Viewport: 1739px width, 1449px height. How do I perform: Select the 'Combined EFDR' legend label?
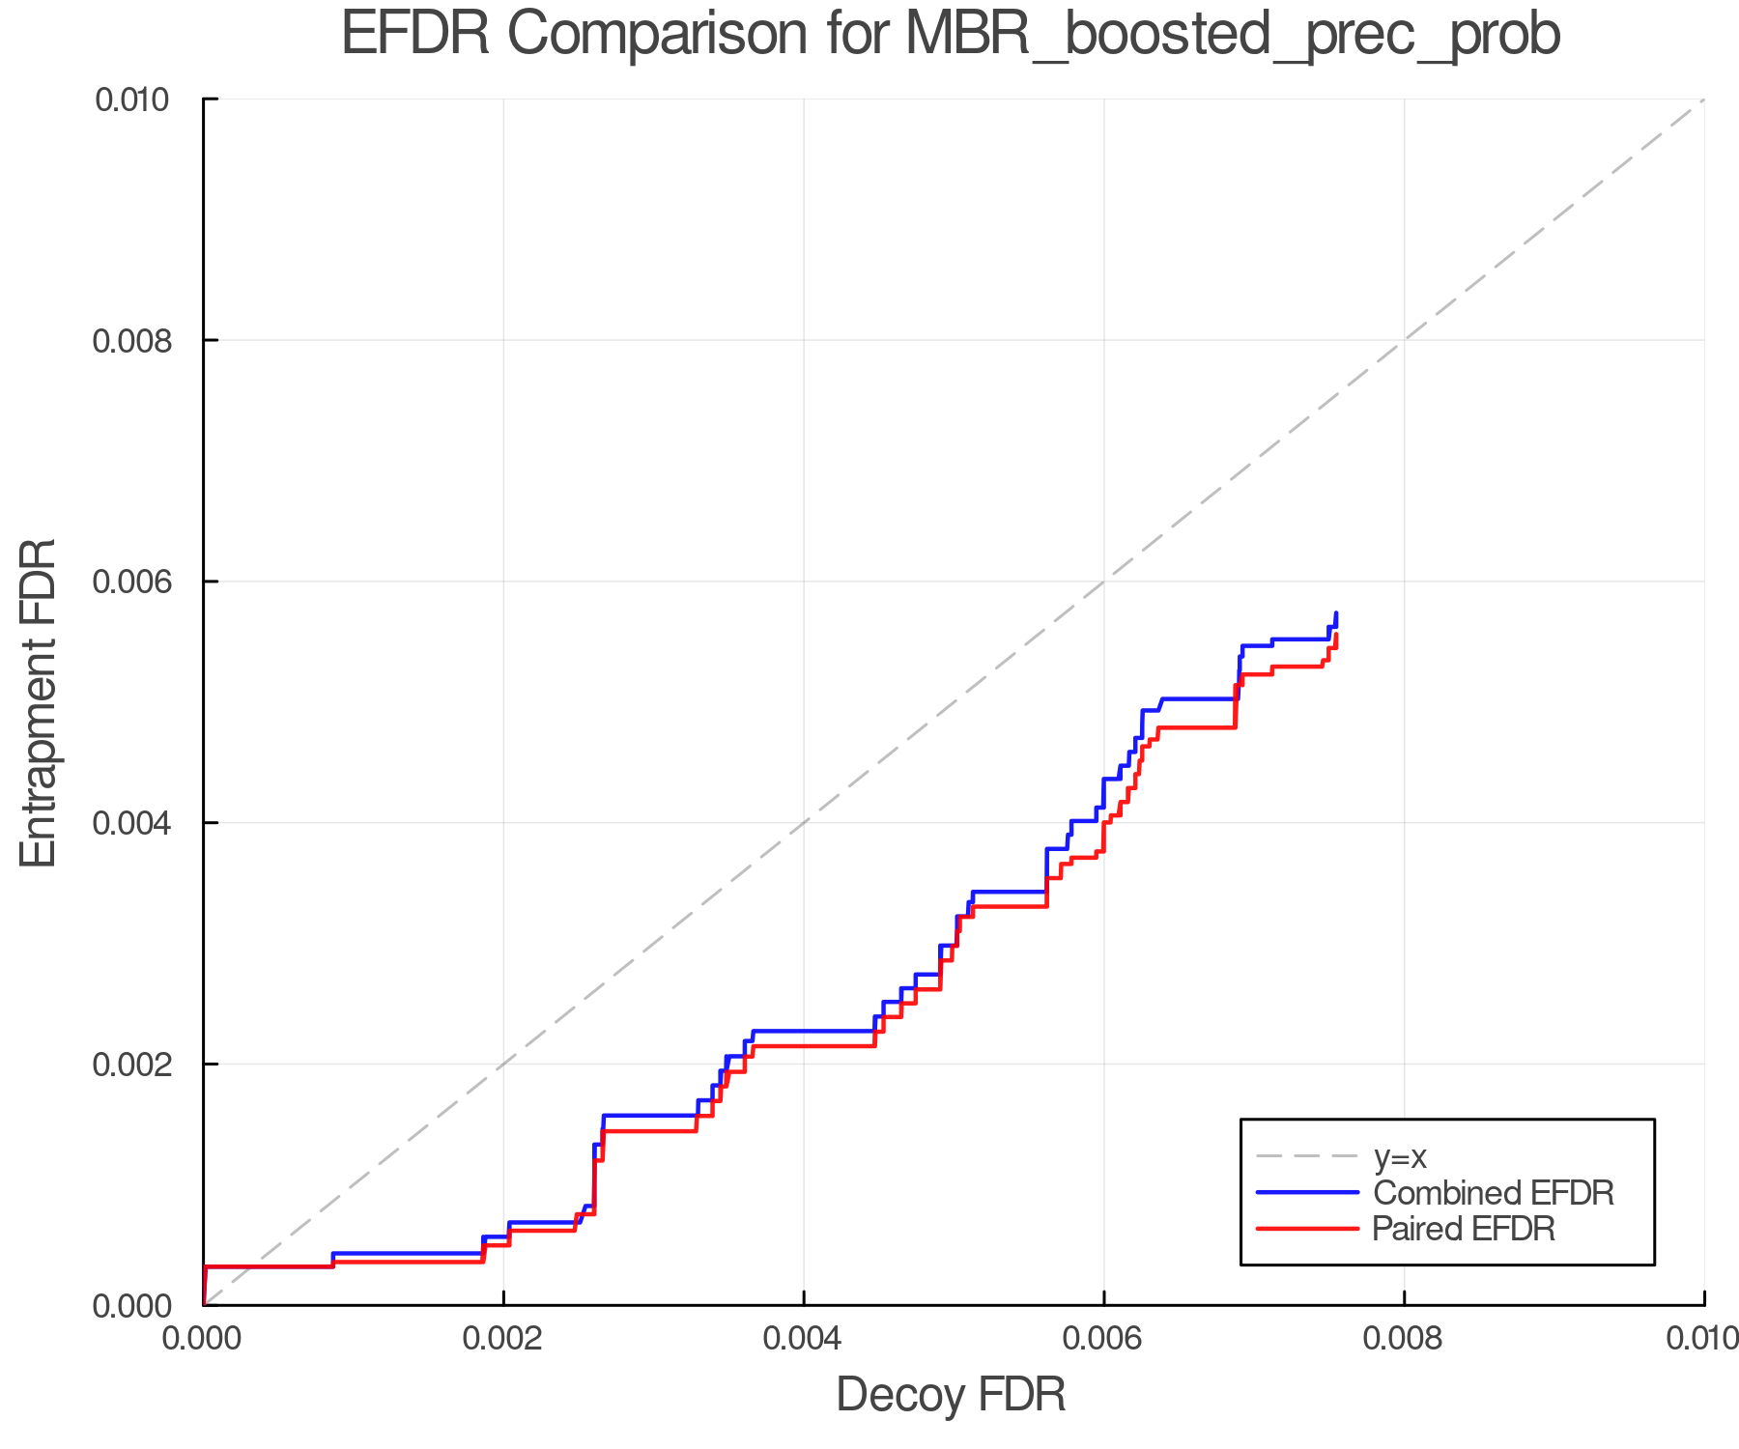pyautogui.click(x=1493, y=1193)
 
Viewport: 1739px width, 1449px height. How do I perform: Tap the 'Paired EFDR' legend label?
pyautogui.click(x=1464, y=1229)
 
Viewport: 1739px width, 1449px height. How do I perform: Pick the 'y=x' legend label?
pyautogui.click(x=1400, y=1156)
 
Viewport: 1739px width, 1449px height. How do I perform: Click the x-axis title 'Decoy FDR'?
pyautogui.click(x=951, y=1395)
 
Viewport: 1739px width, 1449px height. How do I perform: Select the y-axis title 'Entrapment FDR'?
pyautogui.click(x=39, y=702)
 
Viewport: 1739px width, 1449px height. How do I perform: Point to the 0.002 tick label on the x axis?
pyautogui.click(x=502, y=1339)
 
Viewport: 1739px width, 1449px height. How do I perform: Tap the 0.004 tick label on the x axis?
pyautogui.click(x=803, y=1339)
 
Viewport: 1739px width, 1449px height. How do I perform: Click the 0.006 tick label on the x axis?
pyautogui.click(x=1103, y=1339)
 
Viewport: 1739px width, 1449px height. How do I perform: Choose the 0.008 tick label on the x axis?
pyautogui.click(x=1404, y=1339)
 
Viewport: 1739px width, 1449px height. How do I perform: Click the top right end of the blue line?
pyautogui.click(x=1336, y=613)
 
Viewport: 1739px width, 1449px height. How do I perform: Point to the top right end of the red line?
pyautogui.click(x=1336, y=635)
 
